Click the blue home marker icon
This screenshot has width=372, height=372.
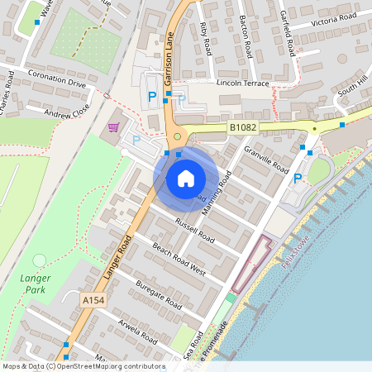click(x=186, y=178)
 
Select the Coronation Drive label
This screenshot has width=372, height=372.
click(x=58, y=83)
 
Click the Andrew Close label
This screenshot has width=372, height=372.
click(x=66, y=113)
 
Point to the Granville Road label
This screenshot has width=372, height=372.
click(x=266, y=160)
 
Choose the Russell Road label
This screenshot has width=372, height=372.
click(x=195, y=229)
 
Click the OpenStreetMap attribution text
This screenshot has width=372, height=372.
click(x=83, y=366)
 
